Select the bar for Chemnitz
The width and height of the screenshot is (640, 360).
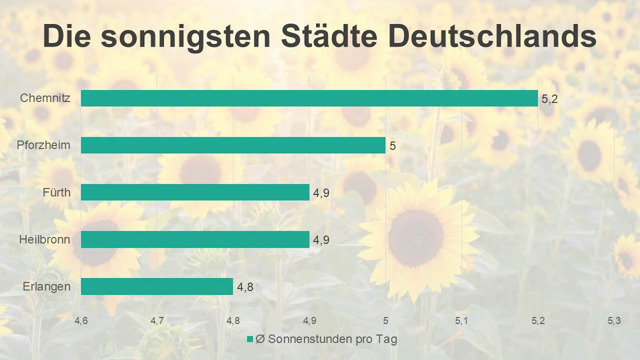coord(309,98)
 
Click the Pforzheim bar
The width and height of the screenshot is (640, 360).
coord(233,145)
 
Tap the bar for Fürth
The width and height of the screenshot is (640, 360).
coord(195,192)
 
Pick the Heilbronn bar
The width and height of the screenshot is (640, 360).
coord(195,239)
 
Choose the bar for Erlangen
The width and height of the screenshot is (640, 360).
coord(157,286)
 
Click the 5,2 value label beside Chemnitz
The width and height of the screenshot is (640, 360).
coord(549,99)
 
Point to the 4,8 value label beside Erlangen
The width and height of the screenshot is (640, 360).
coord(245,287)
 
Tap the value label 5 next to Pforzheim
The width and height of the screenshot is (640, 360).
coord(392,146)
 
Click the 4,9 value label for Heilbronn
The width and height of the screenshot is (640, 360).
coord(321,240)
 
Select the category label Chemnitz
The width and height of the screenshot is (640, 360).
coord(45,98)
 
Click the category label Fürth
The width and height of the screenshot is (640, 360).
coord(57,192)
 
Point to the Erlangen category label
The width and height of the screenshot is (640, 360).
coord(47,286)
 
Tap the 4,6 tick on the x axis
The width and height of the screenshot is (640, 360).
coord(81,321)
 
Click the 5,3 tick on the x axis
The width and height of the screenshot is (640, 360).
coord(614,321)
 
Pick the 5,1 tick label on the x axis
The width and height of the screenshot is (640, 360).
coord(461,321)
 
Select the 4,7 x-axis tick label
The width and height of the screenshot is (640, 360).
coord(157,321)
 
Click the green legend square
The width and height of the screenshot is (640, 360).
coord(250,339)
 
